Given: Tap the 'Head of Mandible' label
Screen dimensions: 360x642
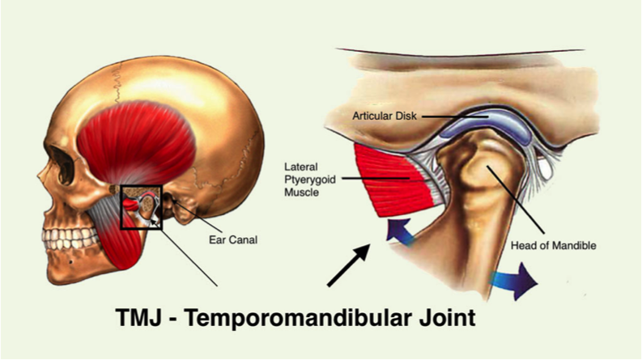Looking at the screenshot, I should click(x=554, y=245).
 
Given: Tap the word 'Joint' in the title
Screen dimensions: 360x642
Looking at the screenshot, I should click(x=447, y=316).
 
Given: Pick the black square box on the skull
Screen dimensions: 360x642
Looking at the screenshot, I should click(x=142, y=206).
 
